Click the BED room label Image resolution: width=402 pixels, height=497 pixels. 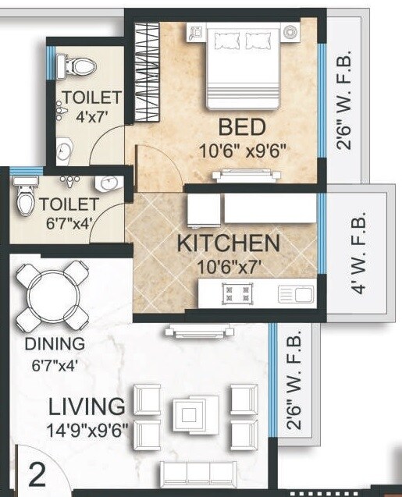pos(242,126)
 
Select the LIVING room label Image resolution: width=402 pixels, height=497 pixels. pos(87,406)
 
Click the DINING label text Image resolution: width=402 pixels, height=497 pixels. pos(55,344)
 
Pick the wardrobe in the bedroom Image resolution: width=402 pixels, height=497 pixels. pos(147,70)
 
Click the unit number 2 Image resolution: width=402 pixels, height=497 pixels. pos(36,474)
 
